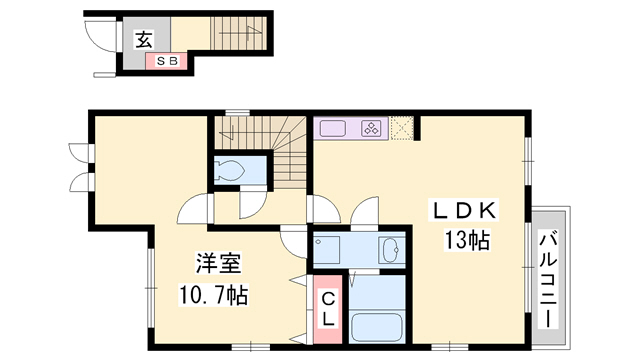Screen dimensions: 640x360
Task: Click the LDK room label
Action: (x=464, y=211)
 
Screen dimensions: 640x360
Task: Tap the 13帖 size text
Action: (x=467, y=240)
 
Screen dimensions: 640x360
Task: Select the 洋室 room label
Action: (x=218, y=263)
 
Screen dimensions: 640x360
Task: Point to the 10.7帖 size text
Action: (x=213, y=296)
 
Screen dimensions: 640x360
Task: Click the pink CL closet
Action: (x=327, y=309)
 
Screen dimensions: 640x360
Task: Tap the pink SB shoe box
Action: (x=167, y=61)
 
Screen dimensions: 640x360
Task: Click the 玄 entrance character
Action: (x=144, y=40)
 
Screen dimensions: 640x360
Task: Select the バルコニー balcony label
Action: (x=547, y=279)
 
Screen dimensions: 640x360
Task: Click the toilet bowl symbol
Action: (x=229, y=170)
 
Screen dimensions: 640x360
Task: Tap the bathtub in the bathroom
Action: (x=377, y=327)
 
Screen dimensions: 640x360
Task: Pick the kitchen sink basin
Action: (x=333, y=129)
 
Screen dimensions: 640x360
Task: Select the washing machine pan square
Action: (x=327, y=249)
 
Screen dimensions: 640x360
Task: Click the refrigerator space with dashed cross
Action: (x=402, y=128)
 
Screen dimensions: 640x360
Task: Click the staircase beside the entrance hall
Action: (x=238, y=34)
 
